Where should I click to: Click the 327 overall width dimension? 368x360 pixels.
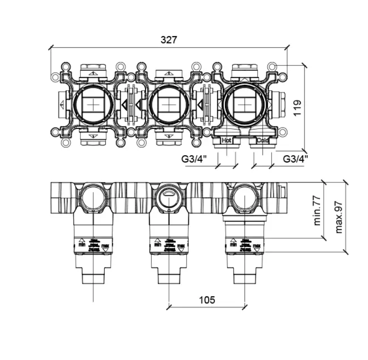coord(169,40)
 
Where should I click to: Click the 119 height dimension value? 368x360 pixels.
coord(298,108)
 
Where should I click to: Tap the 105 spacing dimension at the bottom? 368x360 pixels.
coord(207,300)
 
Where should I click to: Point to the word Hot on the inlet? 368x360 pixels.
coord(226,140)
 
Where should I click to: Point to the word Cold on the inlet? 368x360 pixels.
coord(262,140)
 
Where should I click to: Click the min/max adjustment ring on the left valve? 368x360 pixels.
coord(93,245)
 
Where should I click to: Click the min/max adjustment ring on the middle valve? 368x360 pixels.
coord(169,245)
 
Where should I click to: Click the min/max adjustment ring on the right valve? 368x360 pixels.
coord(245,245)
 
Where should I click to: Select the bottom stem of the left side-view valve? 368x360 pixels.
coord(93,276)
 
